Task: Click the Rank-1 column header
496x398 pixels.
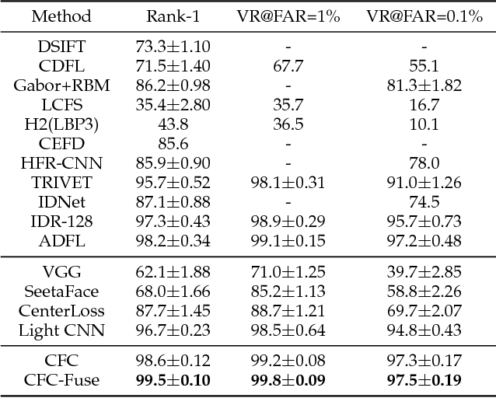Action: click(x=173, y=16)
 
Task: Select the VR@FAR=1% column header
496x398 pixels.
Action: click(x=288, y=16)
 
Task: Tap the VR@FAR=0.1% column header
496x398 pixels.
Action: click(x=424, y=16)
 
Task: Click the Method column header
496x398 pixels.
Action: click(x=62, y=16)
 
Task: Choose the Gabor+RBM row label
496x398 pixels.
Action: click(x=62, y=86)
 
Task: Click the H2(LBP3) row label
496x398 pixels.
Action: click(x=62, y=124)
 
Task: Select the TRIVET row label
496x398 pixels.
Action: click(x=62, y=183)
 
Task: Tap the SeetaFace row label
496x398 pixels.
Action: click(x=62, y=292)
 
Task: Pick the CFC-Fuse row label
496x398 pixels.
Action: click(x=62, y=381)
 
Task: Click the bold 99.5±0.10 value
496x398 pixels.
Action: click(x=173, y=381)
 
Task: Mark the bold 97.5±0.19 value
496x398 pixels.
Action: click(x=424, y=381)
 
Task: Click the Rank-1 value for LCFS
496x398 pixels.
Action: click(x=173, y=105)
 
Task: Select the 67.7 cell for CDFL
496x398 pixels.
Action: click(x=288, y=66)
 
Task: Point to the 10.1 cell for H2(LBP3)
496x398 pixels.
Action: click(x=424, y=124)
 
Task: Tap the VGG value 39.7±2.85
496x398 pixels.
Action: click(x=424, y=272)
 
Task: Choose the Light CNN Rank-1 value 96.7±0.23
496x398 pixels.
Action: click(x=173, y=330)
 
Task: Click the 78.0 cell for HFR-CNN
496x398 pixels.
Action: click(x=424, y=163)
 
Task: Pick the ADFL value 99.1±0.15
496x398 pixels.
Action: click(x=288, y=241)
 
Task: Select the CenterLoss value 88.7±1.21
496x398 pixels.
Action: click(x=288, y=311)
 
